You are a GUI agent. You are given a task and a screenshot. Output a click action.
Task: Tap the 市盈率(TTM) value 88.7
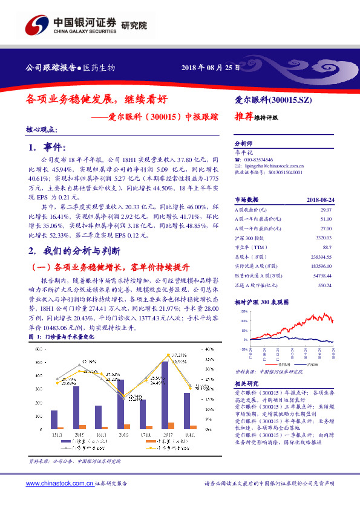[x=327, y=248]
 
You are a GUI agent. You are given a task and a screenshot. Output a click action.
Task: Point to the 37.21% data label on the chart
[x=178, y=354]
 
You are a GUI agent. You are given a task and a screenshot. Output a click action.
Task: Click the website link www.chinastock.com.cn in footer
[x=60, y=484]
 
